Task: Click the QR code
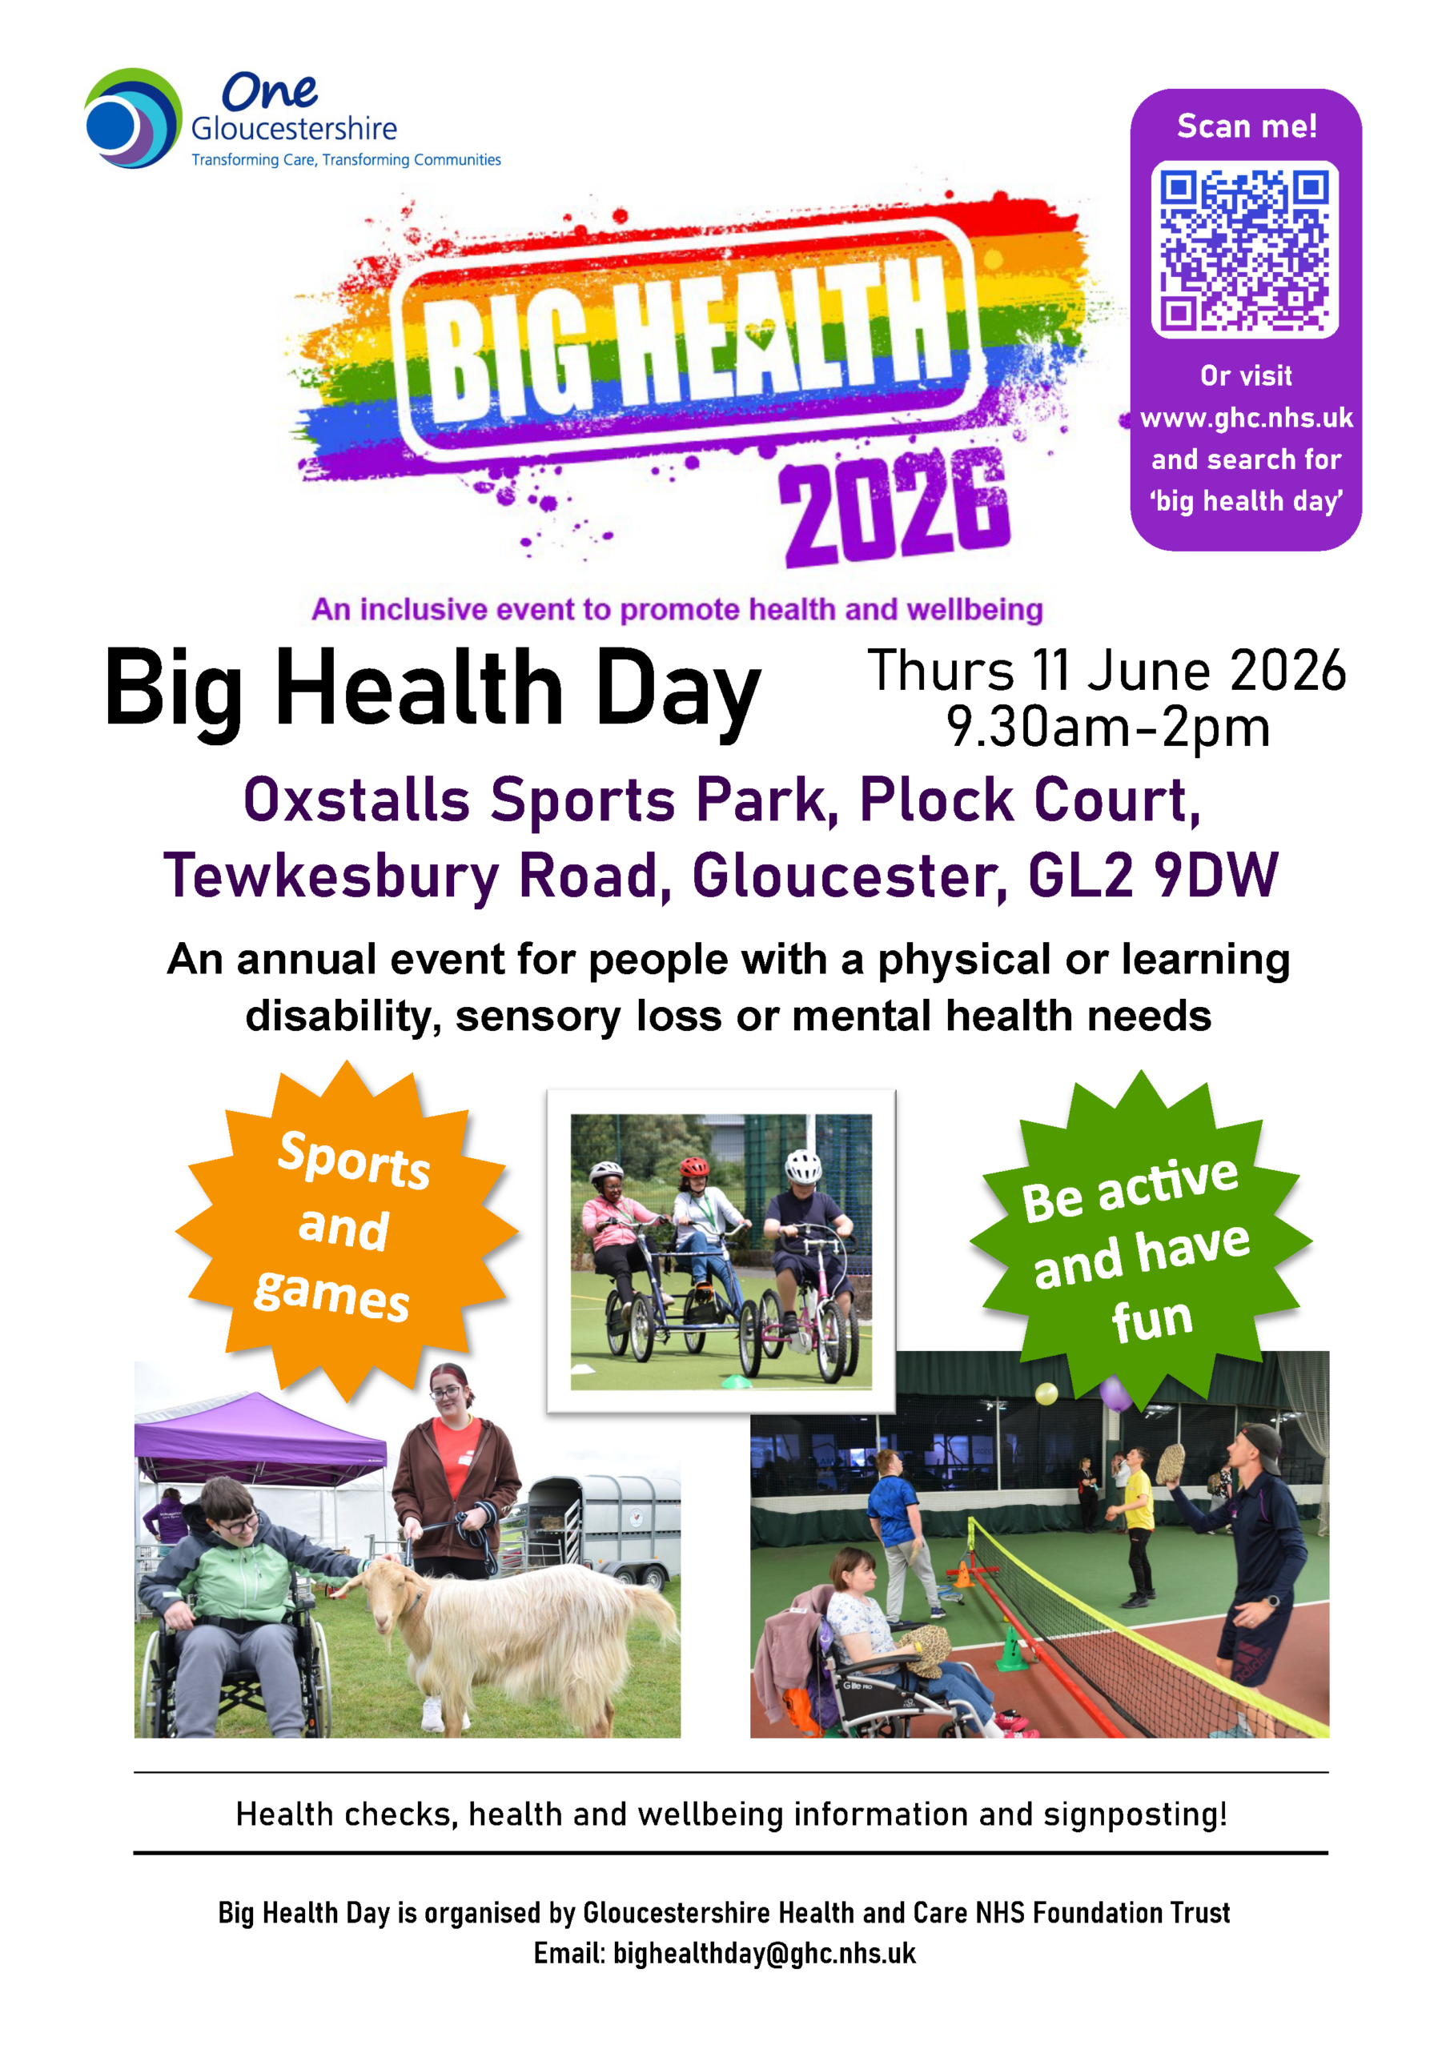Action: [x=1245, y=249]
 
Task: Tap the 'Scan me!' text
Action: [x=1247, y=126]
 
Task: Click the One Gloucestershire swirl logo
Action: [x=133, y=118]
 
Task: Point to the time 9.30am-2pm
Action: [x=1108, y=727]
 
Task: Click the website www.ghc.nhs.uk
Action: [x=1247, y=418]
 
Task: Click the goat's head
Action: [x=379, y=1590]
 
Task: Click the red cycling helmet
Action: [x=693, y=1165]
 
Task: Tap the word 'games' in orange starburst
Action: [x=331, y=1294]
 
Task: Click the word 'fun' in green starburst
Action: [x=1152, y=1319]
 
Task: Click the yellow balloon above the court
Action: [x=1046, y=1393]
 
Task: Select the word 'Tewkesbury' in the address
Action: [x=331, y=876]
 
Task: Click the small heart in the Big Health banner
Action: [x=760, y=335]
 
